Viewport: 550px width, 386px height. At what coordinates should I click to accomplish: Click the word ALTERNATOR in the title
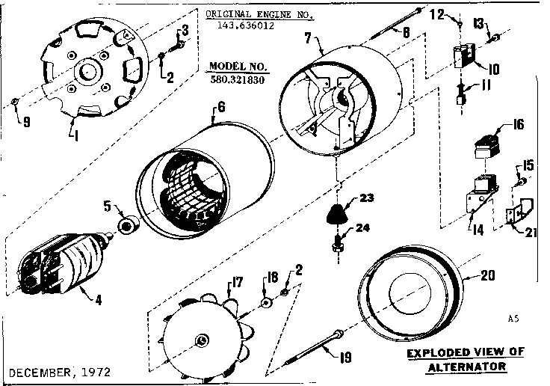click(x=466, y=367)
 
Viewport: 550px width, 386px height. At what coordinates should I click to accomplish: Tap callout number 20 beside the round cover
click(x=487, y=275)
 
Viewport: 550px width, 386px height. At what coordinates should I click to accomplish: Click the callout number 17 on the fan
click(x=238, y=283)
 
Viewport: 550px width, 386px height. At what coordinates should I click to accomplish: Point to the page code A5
click(x=513, y=319)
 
